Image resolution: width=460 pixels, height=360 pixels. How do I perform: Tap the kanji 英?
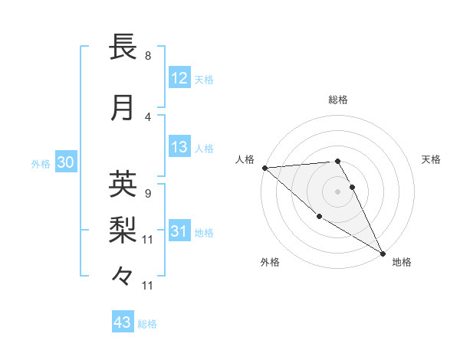[123, 184]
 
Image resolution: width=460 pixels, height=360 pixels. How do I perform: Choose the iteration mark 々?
[123, 276]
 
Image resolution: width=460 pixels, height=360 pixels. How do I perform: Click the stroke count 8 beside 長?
[148, 56]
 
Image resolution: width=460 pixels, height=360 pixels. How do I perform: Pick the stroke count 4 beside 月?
[148, 116]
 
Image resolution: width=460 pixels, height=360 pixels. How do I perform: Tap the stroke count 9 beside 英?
[148, 193]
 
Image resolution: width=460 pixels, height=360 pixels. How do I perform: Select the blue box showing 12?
[179, 78]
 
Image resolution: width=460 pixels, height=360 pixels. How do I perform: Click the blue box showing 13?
[179, 147]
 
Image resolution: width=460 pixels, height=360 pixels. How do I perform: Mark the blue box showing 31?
[179, 231]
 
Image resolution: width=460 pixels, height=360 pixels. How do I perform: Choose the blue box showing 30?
[65, 162]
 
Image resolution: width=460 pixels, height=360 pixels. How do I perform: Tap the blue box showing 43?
[123, 322]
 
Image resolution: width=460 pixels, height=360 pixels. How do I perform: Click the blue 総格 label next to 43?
[147, 324]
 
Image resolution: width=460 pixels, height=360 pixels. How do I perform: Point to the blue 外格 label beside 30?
[41, 164]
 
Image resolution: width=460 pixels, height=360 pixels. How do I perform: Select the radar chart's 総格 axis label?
[337, 100]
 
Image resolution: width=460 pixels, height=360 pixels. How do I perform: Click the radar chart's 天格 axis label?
[431, 159]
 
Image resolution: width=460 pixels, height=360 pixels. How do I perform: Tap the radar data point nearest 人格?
[264, 168]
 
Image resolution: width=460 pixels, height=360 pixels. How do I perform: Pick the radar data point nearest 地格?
[383, 253]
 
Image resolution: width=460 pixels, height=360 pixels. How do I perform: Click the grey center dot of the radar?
[337, 191]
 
